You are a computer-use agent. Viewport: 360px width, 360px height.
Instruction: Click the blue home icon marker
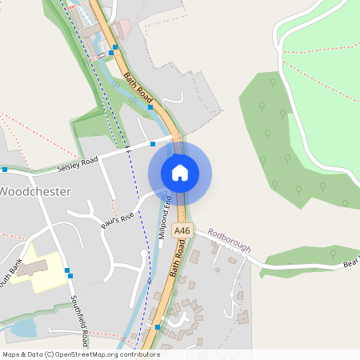[180, 172]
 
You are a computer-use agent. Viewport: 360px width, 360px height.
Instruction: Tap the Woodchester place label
[35, 192]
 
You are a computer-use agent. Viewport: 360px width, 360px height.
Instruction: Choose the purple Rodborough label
[229, 239]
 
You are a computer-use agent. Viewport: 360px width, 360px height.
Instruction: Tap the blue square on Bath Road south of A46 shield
[157, 327]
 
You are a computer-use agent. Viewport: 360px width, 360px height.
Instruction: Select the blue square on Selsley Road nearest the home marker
[153, 145]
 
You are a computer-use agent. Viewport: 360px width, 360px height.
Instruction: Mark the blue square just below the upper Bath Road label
[150, 106]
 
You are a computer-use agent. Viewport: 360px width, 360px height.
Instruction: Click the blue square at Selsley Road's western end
[5, 170]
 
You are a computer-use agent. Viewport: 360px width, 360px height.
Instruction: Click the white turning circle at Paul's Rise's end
[73, 214]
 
